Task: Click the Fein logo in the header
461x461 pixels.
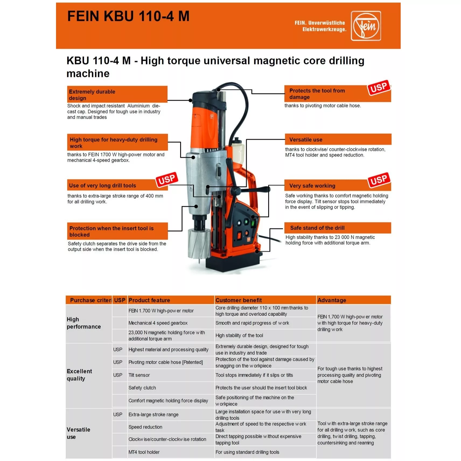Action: [365, 26]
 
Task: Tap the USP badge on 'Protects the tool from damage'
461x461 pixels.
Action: [378, 88]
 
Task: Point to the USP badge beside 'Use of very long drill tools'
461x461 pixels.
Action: [167, 179]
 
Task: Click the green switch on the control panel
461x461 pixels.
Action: [253, 223]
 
